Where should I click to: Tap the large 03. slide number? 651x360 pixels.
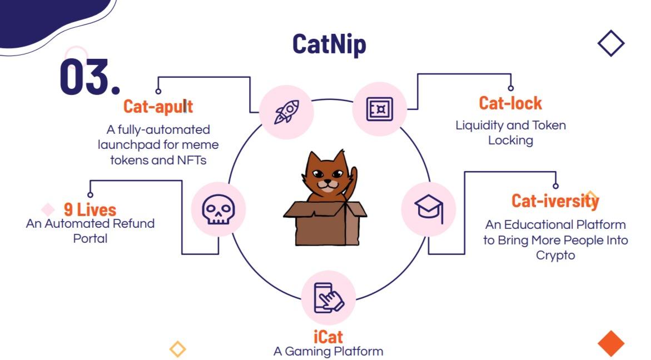(90, 76)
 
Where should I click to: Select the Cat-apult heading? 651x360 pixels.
(158, 106)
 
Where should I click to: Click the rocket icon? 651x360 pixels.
(286, 112)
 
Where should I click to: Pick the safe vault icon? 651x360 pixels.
(380, 109)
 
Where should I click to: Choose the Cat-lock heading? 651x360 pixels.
(510, 103)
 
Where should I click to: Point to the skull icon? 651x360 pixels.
(218, 209)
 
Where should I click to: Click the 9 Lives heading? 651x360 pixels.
(90, 209)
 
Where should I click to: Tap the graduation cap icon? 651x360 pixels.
(429, 209)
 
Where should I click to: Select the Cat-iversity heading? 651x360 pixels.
(555, 201)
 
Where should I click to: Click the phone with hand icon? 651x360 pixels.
(329, 298)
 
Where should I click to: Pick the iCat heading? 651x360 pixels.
(328, 337)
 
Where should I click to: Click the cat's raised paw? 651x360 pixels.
(353, 176)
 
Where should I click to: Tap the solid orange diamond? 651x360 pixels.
(611, 343)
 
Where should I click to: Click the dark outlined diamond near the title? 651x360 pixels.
(611, 43)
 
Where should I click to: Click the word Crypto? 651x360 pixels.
(555, 256)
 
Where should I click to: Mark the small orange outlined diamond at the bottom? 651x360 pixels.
(178, 349)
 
